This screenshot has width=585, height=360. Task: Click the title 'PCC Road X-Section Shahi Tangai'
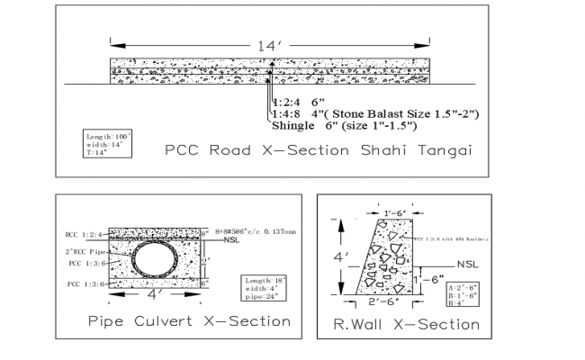point(319,149)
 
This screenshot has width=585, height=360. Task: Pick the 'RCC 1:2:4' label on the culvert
point(85,232)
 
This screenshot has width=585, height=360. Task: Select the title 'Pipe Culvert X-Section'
point(189,321)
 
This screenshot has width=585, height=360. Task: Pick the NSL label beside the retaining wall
point(467,264)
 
